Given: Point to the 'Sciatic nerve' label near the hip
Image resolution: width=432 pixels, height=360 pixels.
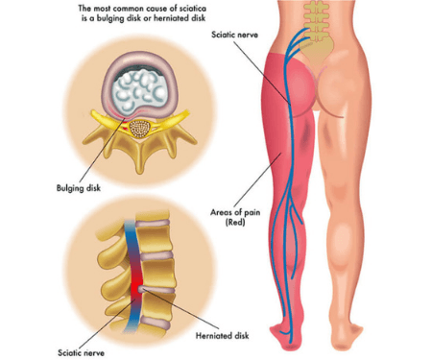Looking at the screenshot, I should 235,34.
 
